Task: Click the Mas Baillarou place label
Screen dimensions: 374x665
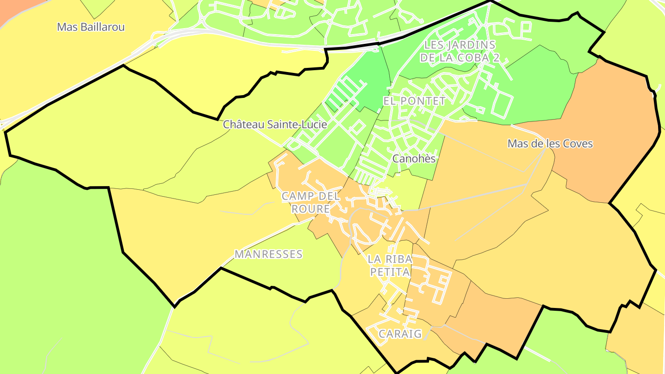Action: pyautogui.click(x=91, y=27)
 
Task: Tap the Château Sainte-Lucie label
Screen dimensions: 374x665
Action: pyautogui.click(x=275, y=125)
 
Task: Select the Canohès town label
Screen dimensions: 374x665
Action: pyautogui.click(x=414, y=159)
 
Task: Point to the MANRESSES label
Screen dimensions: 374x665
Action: pyautogui.click(x=268, y=254)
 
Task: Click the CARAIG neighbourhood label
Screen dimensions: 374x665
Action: pyautogui.click(x=400, y=334)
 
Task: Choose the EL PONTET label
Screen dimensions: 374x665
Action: pyautogui.click(x=414, y=101)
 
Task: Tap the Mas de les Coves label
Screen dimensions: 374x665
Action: pyautogui.click(x=550, y=144)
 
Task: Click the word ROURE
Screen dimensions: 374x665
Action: pyautogui.click(x=310, y=209)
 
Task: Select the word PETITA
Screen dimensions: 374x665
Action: pyautogui.click(x=390, y=272)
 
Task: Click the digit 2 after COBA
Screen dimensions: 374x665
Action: pyautogui.click(x=496, y=58)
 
